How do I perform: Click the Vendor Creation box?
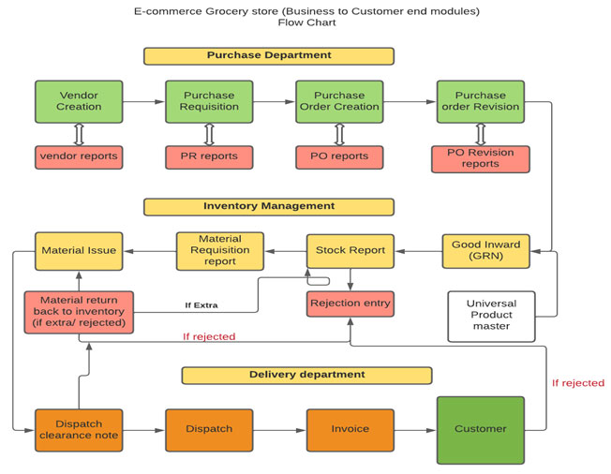(x=80, y=101)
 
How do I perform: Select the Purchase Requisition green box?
(x=210, y=101)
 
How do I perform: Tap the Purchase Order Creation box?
(x=339, y=101)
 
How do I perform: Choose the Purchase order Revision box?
(x=480, y=101)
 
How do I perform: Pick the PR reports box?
(x=210, y=156)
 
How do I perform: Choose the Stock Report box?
(x=350, y=250)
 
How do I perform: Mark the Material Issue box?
(x=80, y=250)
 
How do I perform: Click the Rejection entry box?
(x=350, y=304)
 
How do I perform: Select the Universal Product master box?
(x=491, y=316)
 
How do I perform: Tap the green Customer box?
(x=480, y=429)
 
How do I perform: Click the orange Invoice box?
(x=350, y=429)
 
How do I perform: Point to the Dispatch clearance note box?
(x=80, y=429)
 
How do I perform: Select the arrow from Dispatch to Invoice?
(x=282, y=429)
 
